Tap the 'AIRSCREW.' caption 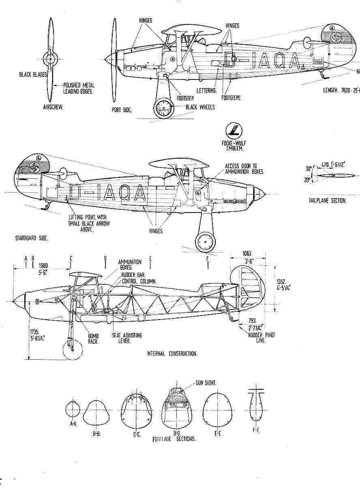[52, 108]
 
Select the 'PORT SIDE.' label [122, 110]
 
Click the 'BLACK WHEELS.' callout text [200, 107]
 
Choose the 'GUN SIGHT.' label [206, 382]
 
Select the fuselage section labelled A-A [73, 410]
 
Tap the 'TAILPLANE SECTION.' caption [328, 200]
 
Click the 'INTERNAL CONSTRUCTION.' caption [172, 354]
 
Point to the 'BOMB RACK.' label [92, 339]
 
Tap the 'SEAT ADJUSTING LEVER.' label [127, 338]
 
